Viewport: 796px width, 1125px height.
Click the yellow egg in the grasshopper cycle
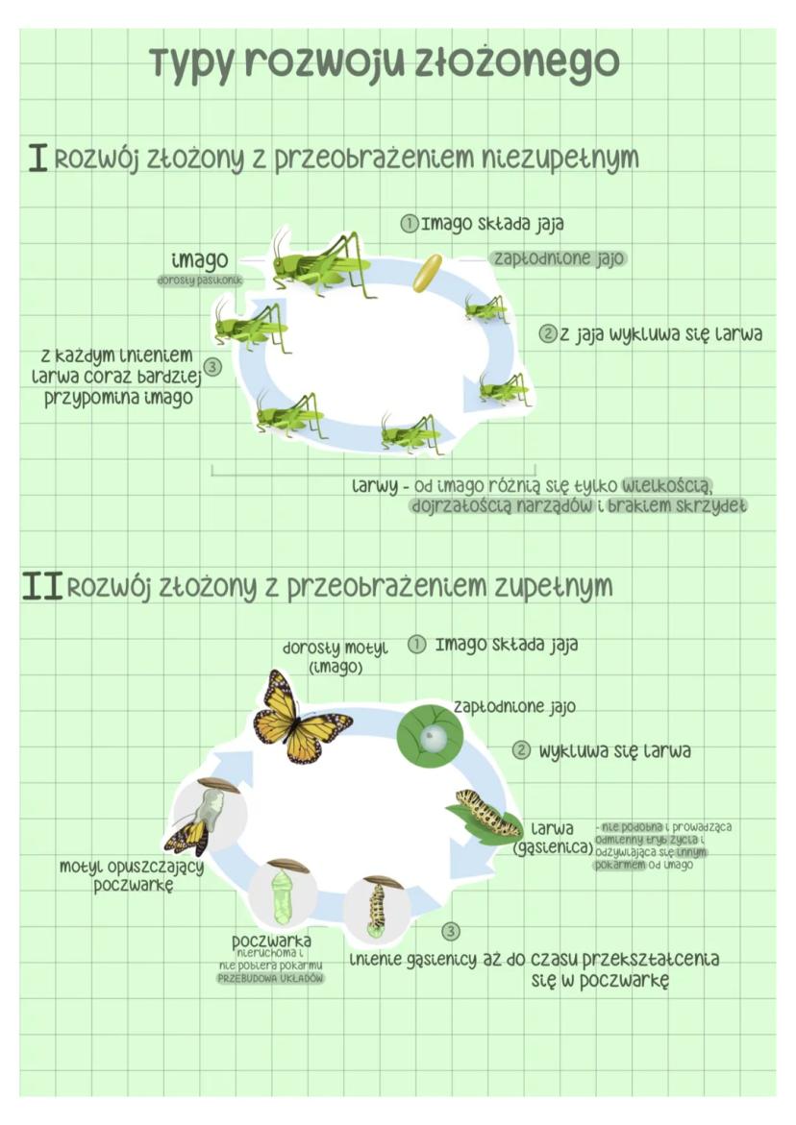point(427,272)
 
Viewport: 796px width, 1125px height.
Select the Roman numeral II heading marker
point(41,586)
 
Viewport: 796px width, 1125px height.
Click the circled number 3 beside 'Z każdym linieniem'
point(213,366)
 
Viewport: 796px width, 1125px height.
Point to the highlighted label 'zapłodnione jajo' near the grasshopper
point(558,258)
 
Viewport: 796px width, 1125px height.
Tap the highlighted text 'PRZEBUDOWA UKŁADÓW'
point(270,978)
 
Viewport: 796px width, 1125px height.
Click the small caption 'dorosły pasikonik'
point(199,281)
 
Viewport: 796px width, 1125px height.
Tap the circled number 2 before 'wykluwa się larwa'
point(521,750)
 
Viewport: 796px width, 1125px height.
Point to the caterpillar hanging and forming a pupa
point(377,906)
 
